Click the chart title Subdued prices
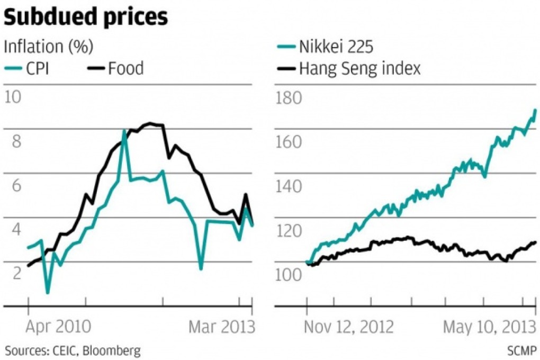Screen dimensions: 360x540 [86, 18]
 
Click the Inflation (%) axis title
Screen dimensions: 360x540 [48, 47]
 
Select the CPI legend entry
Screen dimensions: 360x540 [38, 68]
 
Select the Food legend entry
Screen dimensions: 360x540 [125, 68]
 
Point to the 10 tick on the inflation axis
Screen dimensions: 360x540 [14, 97]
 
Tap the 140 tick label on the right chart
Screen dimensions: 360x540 [289, 186]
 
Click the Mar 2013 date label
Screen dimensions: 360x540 [221, 327]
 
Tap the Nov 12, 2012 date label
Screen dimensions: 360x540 [349, 327]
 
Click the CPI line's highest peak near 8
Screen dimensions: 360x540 [124, 130]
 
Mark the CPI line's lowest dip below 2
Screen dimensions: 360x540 [48, 292]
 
